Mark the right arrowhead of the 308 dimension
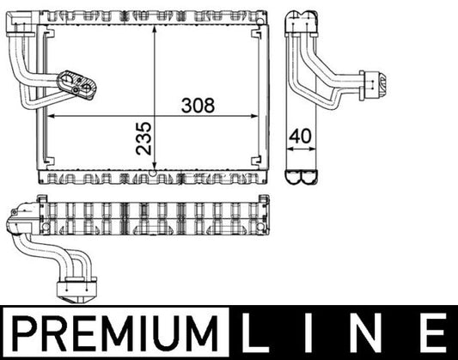261,115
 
